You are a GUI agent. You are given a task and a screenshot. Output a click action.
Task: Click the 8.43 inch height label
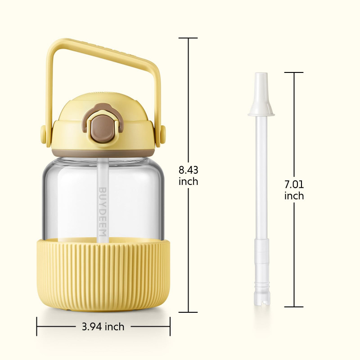pos(188,175)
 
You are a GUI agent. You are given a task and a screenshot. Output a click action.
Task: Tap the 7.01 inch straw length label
pos(294,190)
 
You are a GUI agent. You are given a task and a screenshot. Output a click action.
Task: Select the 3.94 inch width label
pos(103,327)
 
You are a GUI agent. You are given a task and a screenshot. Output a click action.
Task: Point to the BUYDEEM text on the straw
pos(103,212)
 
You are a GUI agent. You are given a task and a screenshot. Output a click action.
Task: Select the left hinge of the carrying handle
pos(43,135)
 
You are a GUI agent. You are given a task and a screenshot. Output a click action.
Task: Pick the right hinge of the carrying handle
pos(163,135)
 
